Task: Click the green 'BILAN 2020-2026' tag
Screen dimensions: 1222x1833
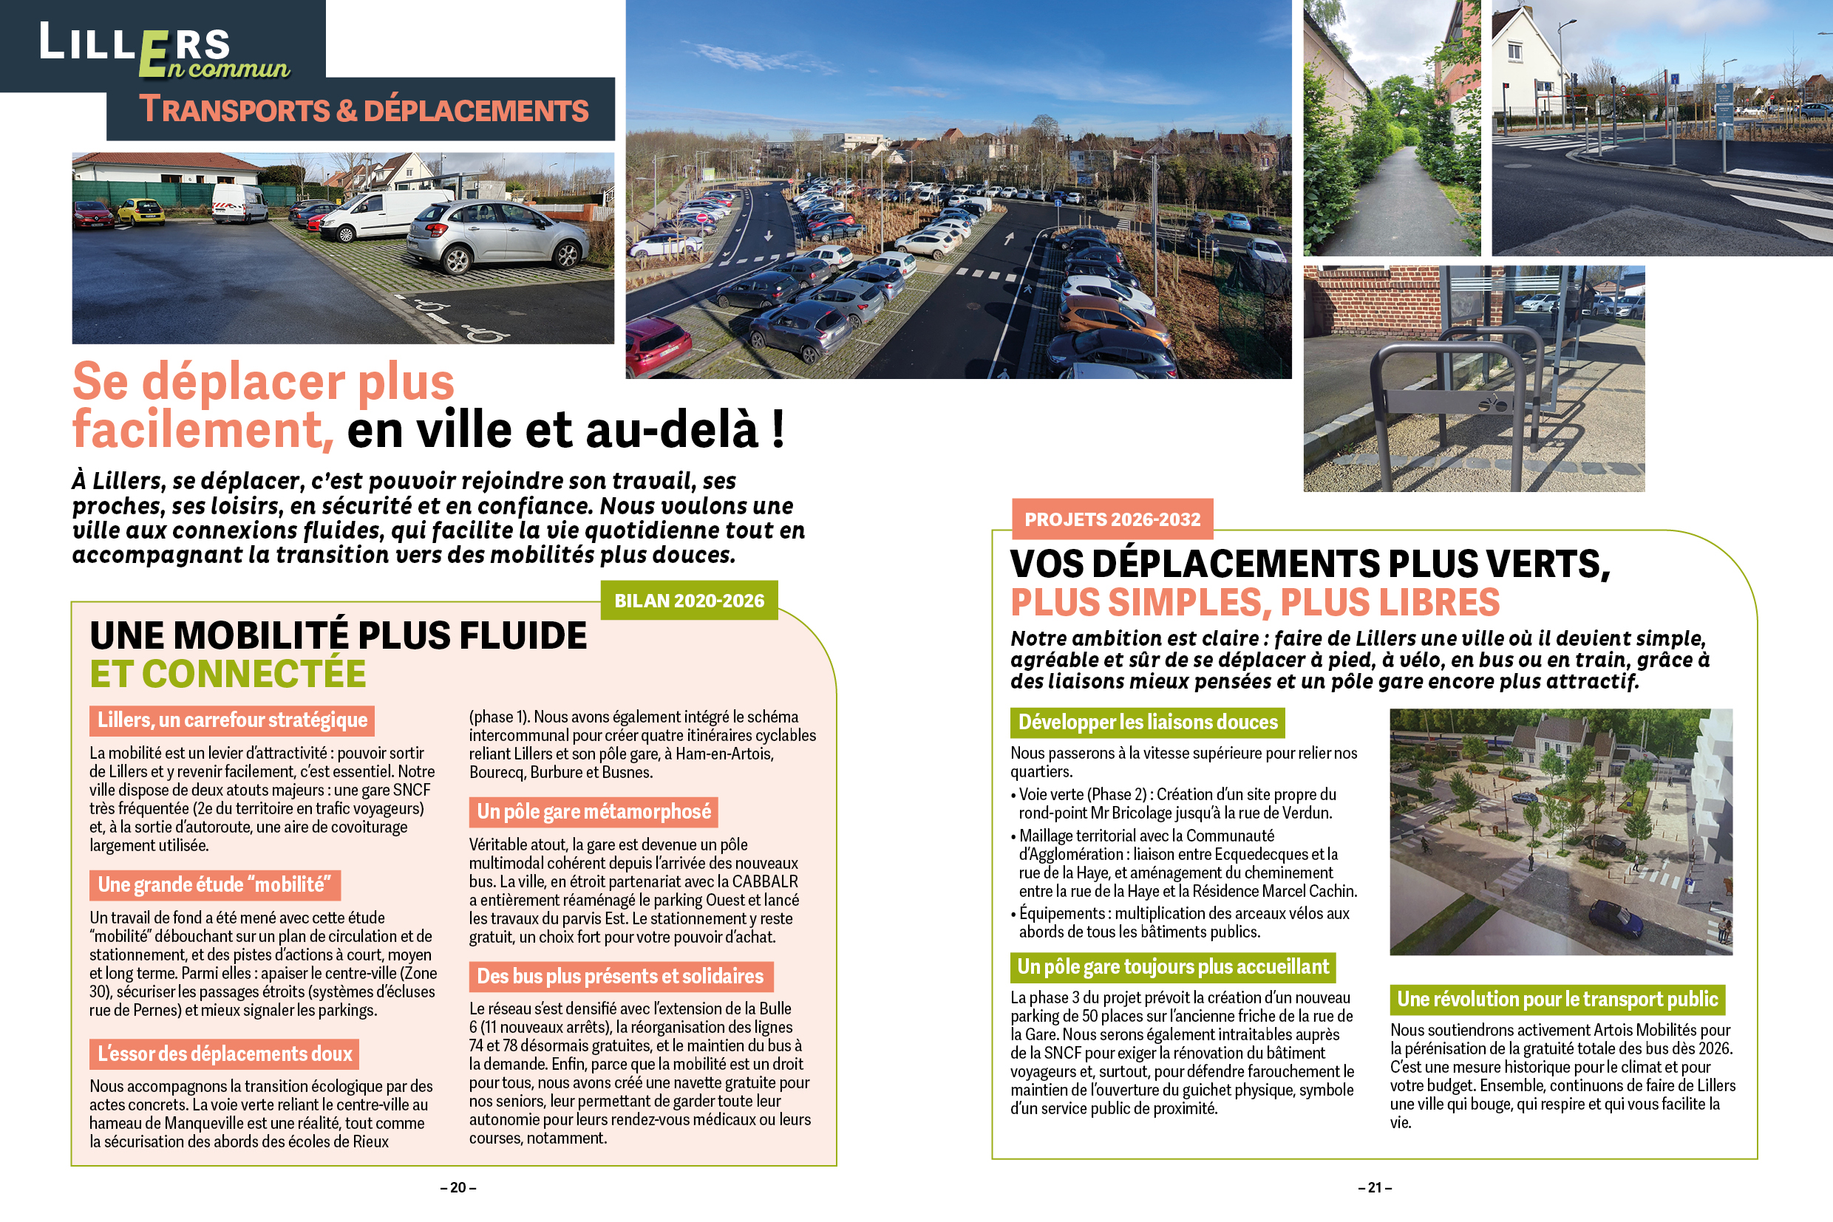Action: [690, 601]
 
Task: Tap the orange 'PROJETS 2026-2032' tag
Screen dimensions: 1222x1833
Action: [1112, 520]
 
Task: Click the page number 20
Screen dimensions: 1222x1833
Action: [458, 1188]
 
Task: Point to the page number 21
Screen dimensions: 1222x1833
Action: [1375, 1188]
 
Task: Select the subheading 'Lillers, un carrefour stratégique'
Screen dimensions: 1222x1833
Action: [231, 720]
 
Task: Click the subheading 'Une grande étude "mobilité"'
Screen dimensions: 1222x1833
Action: [214, 885]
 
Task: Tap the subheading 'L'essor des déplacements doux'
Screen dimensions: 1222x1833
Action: [224, 1054]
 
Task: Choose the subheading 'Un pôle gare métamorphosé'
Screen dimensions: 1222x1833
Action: [594, 812]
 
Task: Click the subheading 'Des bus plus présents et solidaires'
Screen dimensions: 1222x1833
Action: [620, 977]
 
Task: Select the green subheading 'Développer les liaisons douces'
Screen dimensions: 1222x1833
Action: [1147, 723]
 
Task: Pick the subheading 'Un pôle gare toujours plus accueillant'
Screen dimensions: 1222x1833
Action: [1173, 967]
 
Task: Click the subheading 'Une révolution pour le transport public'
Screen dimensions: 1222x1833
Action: [1557, 999]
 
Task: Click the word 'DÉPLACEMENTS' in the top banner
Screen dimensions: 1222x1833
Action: [475, 111]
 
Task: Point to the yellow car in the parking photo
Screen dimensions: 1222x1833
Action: [141, 211]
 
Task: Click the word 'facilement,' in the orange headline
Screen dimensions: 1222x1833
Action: [203, 429]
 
